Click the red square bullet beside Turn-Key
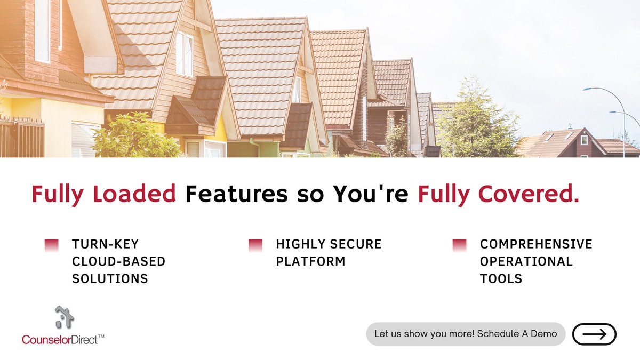tap(51, 245)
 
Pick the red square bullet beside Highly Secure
tap(255, 245)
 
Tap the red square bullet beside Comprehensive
tap(459, 245)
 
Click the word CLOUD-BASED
tap(119, 261)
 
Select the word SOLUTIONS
tap(110, 278)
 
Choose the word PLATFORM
tap(310, 261)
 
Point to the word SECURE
tap(355, 244)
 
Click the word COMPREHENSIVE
tap(536, 244)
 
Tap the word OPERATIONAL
tap(526, 261)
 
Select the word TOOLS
tap(501, 278)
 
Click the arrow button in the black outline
tap(594, 334)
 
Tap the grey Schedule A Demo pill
tap(466, 334)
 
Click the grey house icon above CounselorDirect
tap(64, 317)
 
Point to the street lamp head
tap(587, 90)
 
